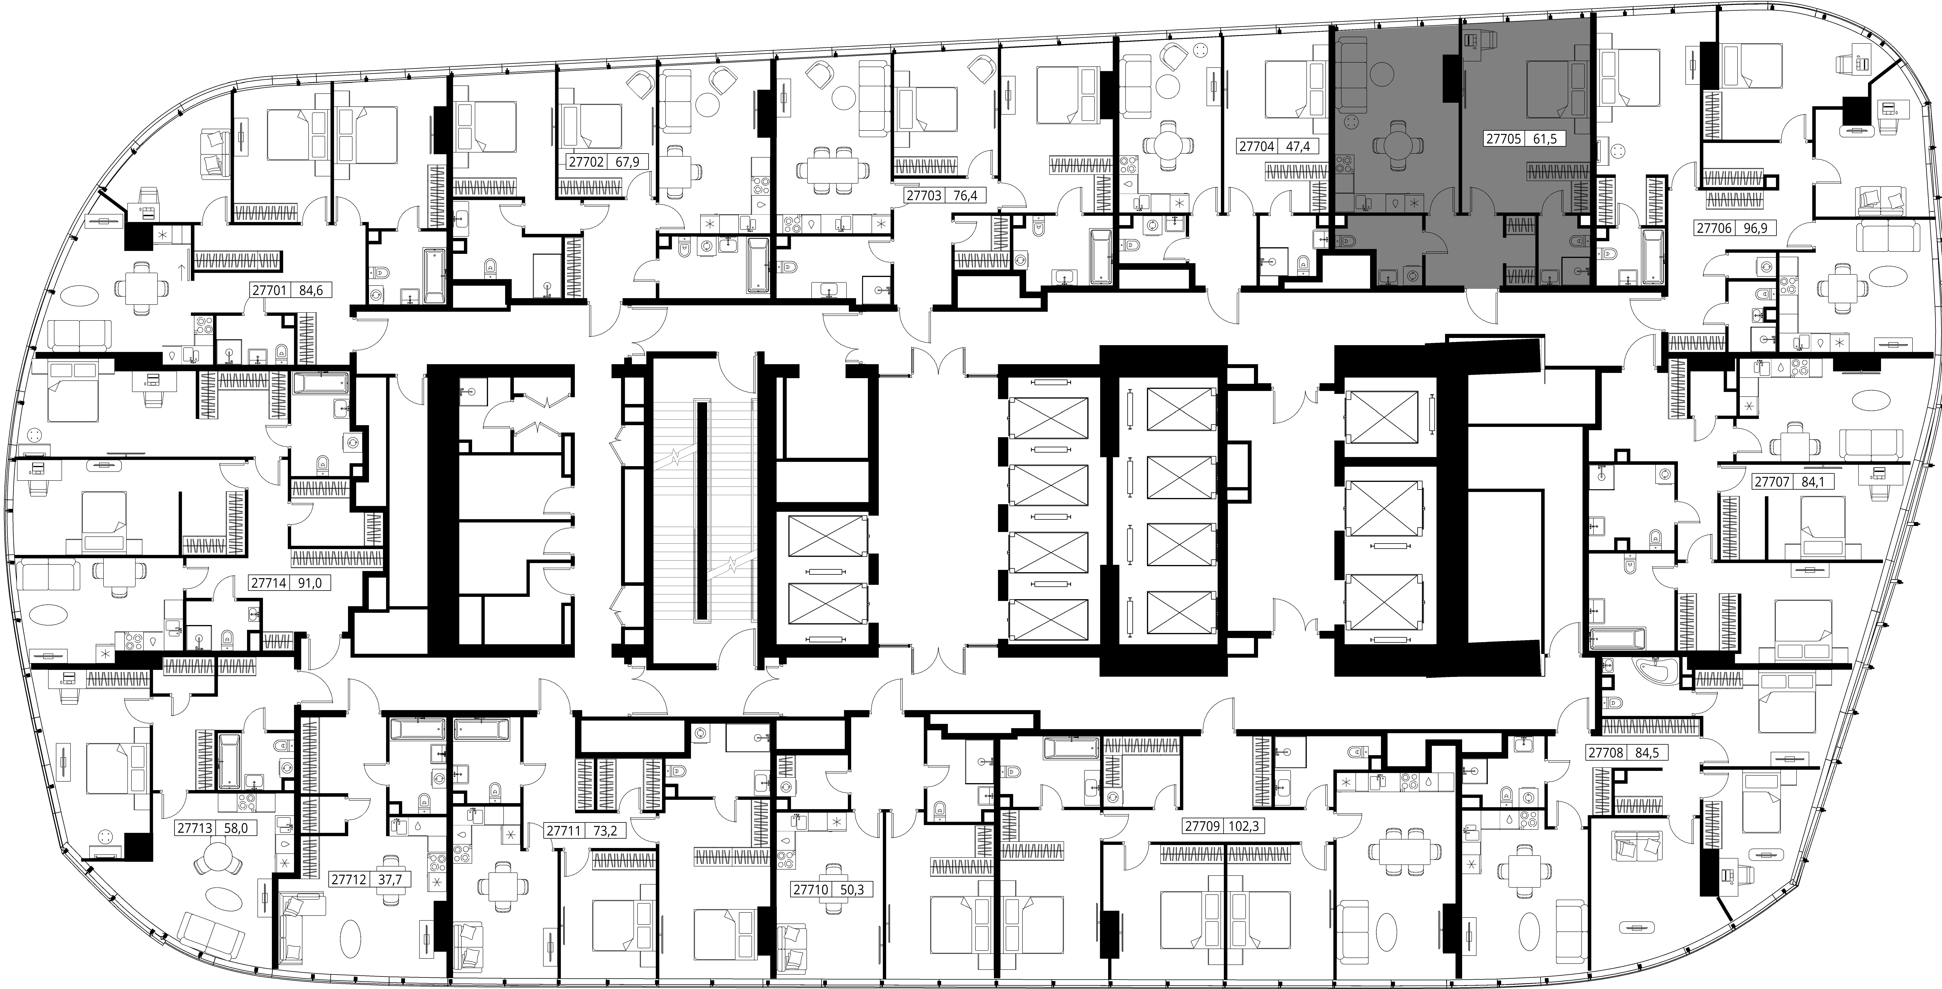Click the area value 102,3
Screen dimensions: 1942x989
1244,826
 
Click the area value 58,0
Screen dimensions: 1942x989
241,828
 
